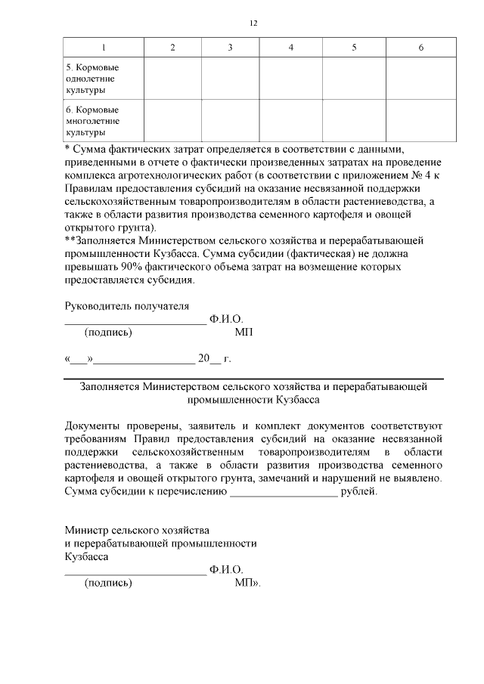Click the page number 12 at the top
pyautogui.click(x=254, y=23)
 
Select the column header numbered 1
pyautogui.click(x=104, y=48)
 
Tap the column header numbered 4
pyautogui.click(x=290, y=48)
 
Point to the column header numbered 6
pyautogui.click(x=420, y=48)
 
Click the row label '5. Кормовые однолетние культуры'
pyautogui.click(x=92, y=79)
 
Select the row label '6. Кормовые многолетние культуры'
pyautogui.click(x=92, y=121)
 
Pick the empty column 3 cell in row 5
pyautogui.click(x=230, y=79)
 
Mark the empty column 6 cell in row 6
pyautogui.click(x=420, y=121)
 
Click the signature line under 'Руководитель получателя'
pyautogui.click(x=135, y=323)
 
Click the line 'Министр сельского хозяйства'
pyautogui.click(x=137, y=530)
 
